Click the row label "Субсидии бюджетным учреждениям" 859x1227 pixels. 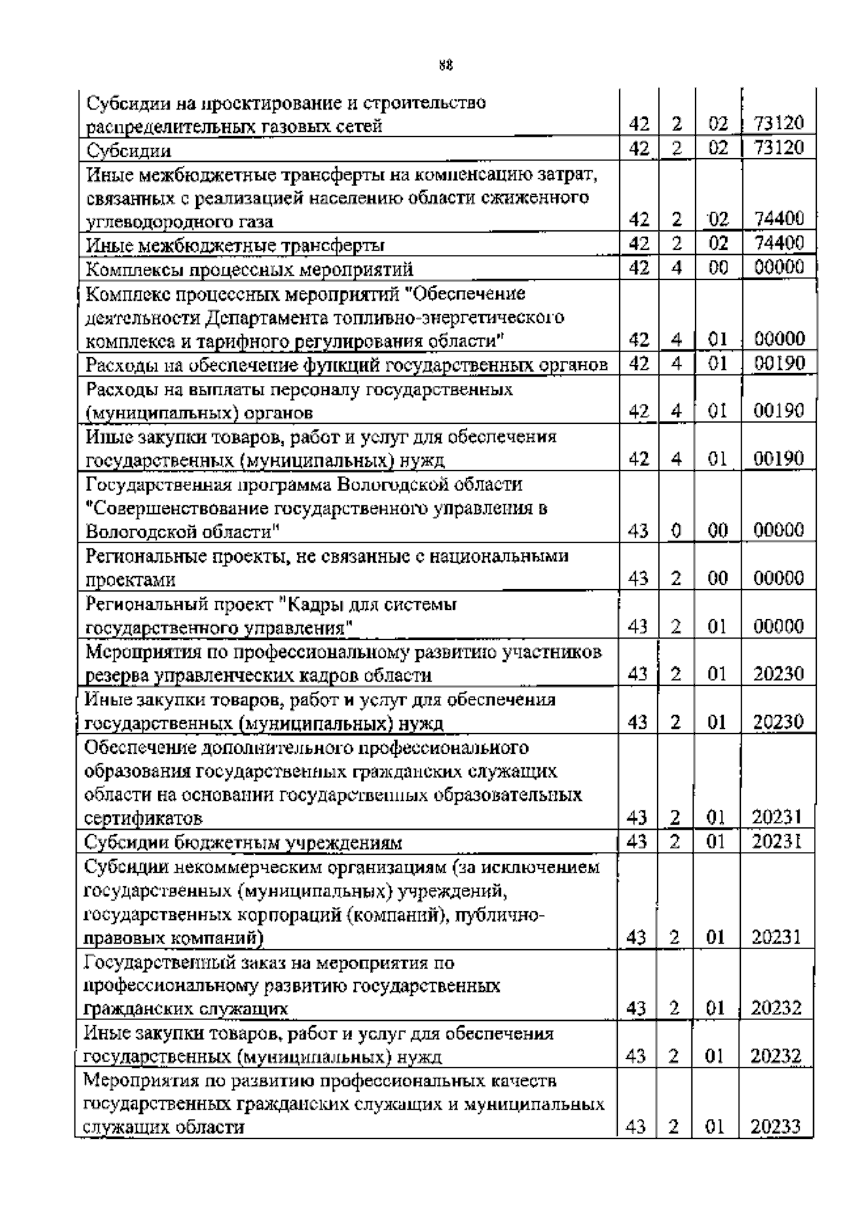(x=243, y=842)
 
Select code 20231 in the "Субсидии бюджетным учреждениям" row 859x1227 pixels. (x=777, y=841)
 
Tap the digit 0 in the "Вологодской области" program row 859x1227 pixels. (x=676, y=530)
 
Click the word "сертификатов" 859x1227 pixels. (x=143, y=818)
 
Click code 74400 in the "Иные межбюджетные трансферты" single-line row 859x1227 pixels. (x=780, y=243)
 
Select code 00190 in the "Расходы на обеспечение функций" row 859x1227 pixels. (x=780, y=363)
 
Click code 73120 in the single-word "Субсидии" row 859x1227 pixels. (x=780, y=148)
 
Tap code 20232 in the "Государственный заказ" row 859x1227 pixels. (x=776, y=1009)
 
